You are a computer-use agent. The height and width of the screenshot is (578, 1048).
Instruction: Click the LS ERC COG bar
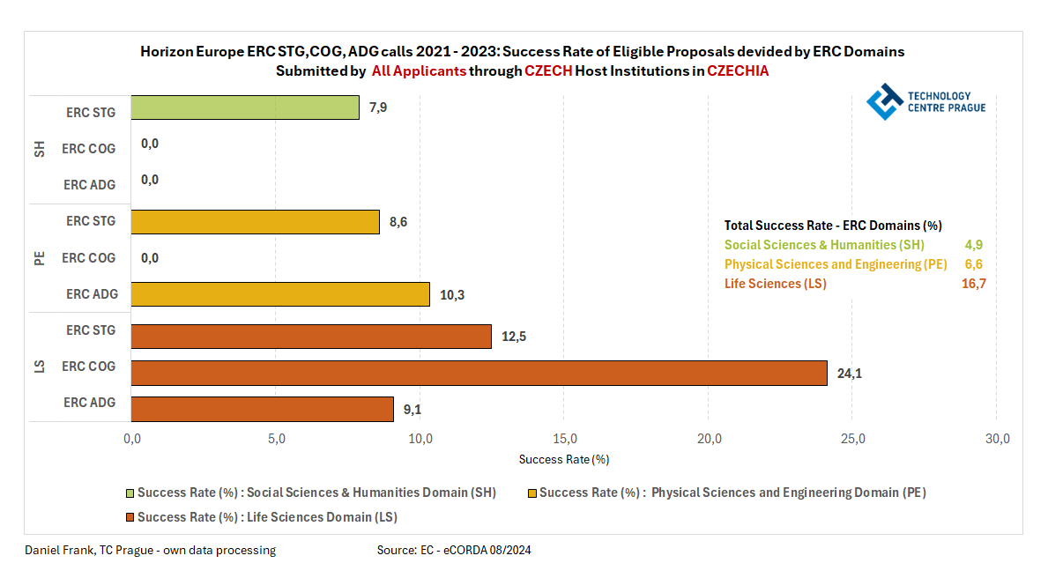(x=479, y=373)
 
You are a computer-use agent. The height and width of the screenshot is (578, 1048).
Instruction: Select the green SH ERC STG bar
(x=245, y=107)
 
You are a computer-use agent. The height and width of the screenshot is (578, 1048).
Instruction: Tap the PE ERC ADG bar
(x=280, y=294)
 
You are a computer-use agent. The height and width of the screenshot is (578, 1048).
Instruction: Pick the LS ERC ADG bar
(x=263, y=409)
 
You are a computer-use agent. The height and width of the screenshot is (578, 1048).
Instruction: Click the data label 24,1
(x=849, y=374)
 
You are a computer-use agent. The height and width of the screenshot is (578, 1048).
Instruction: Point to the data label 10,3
(x=452, y=294)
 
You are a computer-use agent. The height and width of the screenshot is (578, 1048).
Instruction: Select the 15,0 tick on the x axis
(x=565, y=439)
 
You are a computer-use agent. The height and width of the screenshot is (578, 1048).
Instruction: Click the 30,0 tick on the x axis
(x=997, y=439)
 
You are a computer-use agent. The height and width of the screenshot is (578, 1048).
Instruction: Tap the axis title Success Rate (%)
(x=564, y=459)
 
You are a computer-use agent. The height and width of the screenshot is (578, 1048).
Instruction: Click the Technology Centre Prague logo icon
(x=884, y=101)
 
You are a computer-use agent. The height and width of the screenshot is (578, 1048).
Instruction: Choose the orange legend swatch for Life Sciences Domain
(x=130, y=517)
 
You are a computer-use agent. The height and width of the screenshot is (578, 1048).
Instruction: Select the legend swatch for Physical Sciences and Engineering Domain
(x=531, y=493)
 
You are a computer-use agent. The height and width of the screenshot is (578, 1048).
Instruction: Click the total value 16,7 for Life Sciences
(x=973, y=284)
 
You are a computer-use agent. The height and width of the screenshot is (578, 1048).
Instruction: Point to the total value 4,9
(x=976, y=245)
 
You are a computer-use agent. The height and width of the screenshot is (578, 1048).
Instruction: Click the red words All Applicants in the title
(x=419, y=71)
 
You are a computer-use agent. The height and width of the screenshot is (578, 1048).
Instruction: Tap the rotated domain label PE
(x=39, y=258)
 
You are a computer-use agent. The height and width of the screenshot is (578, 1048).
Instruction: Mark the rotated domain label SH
(x=39, y=149)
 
